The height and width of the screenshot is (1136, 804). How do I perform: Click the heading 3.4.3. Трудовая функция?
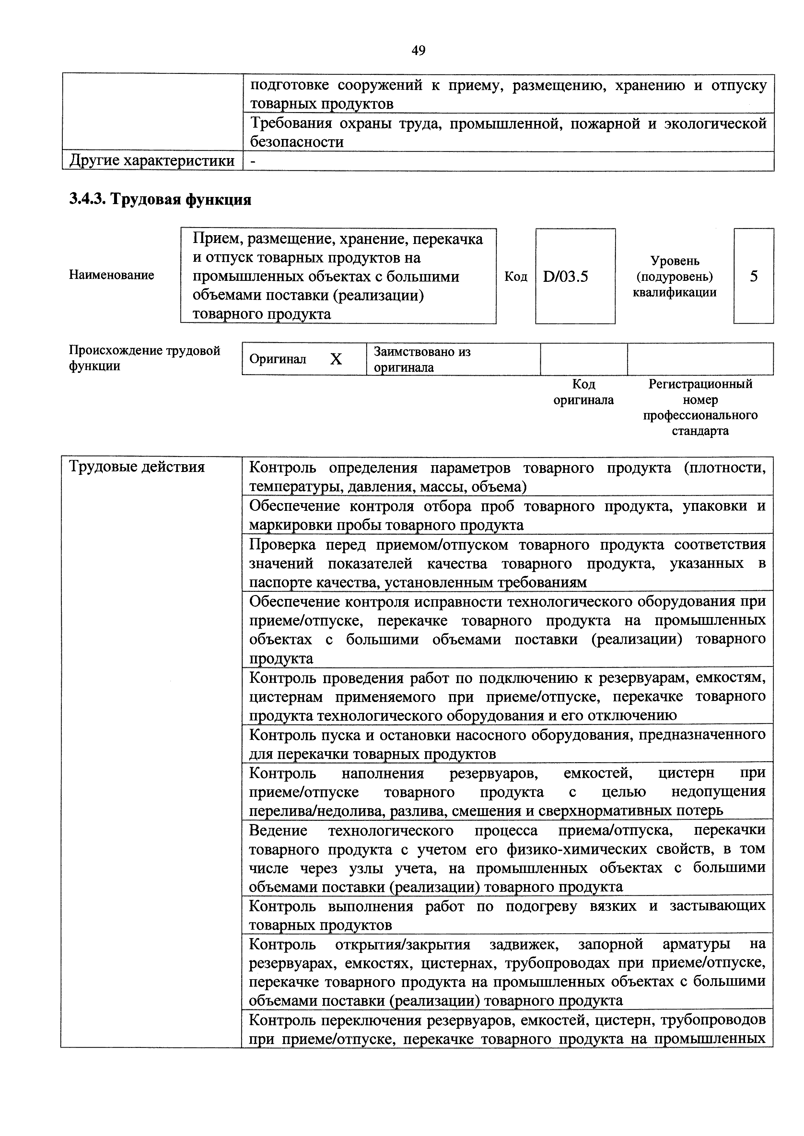tap(160, 200)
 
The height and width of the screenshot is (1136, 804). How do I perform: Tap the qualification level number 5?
tap(753, 276)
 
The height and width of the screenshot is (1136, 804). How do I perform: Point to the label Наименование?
tap(111, 275)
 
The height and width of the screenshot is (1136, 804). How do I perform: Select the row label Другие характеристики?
tap(152, 161)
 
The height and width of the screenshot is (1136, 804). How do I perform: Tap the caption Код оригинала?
tap(583, 392)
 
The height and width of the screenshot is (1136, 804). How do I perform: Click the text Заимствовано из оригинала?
tap(422, 360)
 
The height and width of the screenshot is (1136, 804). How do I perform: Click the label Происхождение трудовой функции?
tap(144, 358)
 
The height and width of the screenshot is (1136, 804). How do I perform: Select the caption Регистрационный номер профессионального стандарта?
tap(700, 407)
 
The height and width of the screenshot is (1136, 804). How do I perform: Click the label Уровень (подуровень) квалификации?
tap(674, 276)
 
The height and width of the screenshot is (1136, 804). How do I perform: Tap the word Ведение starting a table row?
tap(278, 830)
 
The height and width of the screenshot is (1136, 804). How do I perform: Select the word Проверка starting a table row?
tap(282, 545)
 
